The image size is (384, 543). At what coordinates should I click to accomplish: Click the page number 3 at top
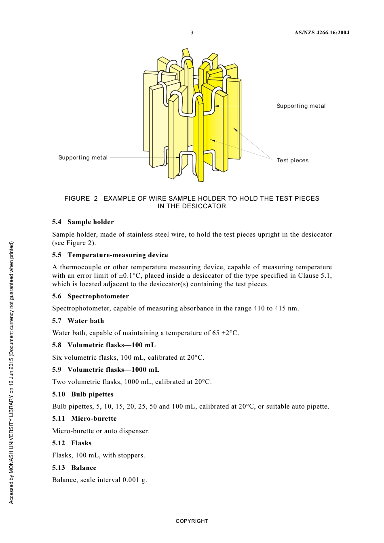[x=192, y=33]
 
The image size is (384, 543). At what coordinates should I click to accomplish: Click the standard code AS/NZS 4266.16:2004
[x=321, y=33]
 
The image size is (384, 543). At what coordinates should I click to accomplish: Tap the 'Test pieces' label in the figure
[x=292, y=160]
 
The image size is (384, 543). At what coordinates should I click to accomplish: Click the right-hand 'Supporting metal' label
[x=301, y=106]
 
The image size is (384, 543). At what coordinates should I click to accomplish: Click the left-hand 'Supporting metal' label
[x=83, y=157]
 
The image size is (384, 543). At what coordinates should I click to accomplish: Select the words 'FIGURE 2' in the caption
[x=81, y=198]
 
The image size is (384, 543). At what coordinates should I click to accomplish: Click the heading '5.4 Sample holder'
[x=83, y=222]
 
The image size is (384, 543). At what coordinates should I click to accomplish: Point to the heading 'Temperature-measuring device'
[x=118, y=255]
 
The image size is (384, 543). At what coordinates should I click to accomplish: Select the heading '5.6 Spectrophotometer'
[x=91, y=296]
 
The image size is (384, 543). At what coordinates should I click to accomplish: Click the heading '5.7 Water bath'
[x=78, y=321]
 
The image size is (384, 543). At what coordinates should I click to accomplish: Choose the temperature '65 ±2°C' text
[x=225, y=333]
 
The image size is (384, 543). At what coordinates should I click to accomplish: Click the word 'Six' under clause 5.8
[x=57, y=357]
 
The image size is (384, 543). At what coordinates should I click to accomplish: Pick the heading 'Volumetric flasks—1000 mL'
[x=113, y=369]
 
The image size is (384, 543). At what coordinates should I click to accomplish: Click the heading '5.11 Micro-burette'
[x=84, y=418]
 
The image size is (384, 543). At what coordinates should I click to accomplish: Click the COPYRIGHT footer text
[x=192, y=521]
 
